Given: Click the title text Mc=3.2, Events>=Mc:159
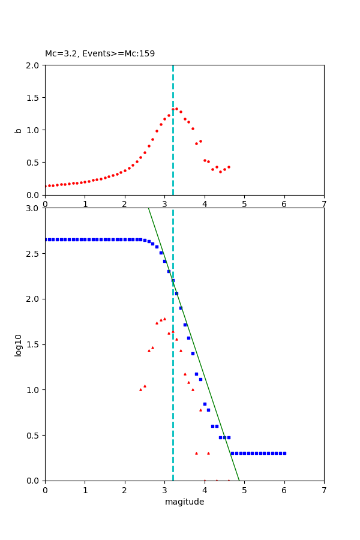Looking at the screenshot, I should point(100,54).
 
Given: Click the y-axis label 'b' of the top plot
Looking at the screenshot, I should point(19,130).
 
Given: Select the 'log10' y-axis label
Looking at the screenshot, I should point(19,344).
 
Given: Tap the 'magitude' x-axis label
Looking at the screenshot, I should point(184,502).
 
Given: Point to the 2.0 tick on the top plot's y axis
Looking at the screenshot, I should point(34,65).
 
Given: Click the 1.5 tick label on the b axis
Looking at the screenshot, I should point(34,98).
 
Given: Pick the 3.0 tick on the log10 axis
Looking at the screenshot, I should point(34,208).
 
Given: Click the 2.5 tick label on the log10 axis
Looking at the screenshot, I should point(34,254).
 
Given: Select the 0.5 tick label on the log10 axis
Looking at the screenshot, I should point(34,436).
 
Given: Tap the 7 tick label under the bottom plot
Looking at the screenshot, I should point(324,490).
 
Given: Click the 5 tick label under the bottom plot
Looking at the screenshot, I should point(244,490).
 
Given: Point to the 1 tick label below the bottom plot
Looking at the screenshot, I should point(85,490).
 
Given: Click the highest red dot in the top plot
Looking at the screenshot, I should point(176,109).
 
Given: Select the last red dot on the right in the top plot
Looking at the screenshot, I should point(229,167).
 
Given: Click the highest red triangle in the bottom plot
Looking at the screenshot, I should point(164,319).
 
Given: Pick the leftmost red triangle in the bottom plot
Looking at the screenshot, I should point(140,389).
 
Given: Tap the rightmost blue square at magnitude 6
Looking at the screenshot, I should point(284,453).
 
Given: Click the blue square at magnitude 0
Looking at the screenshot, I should point(46,239).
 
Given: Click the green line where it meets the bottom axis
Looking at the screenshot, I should point(239,480).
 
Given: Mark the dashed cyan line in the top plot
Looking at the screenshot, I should point(173,150).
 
